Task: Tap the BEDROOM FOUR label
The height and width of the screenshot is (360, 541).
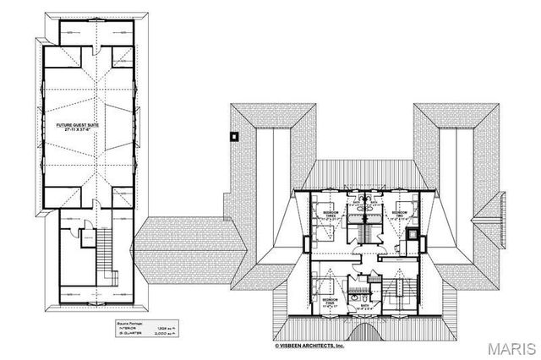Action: click(x=331, y=301)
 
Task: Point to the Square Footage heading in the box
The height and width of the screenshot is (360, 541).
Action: click(x=123, y=323)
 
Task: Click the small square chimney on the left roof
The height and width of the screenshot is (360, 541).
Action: click(x=234, y=134)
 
